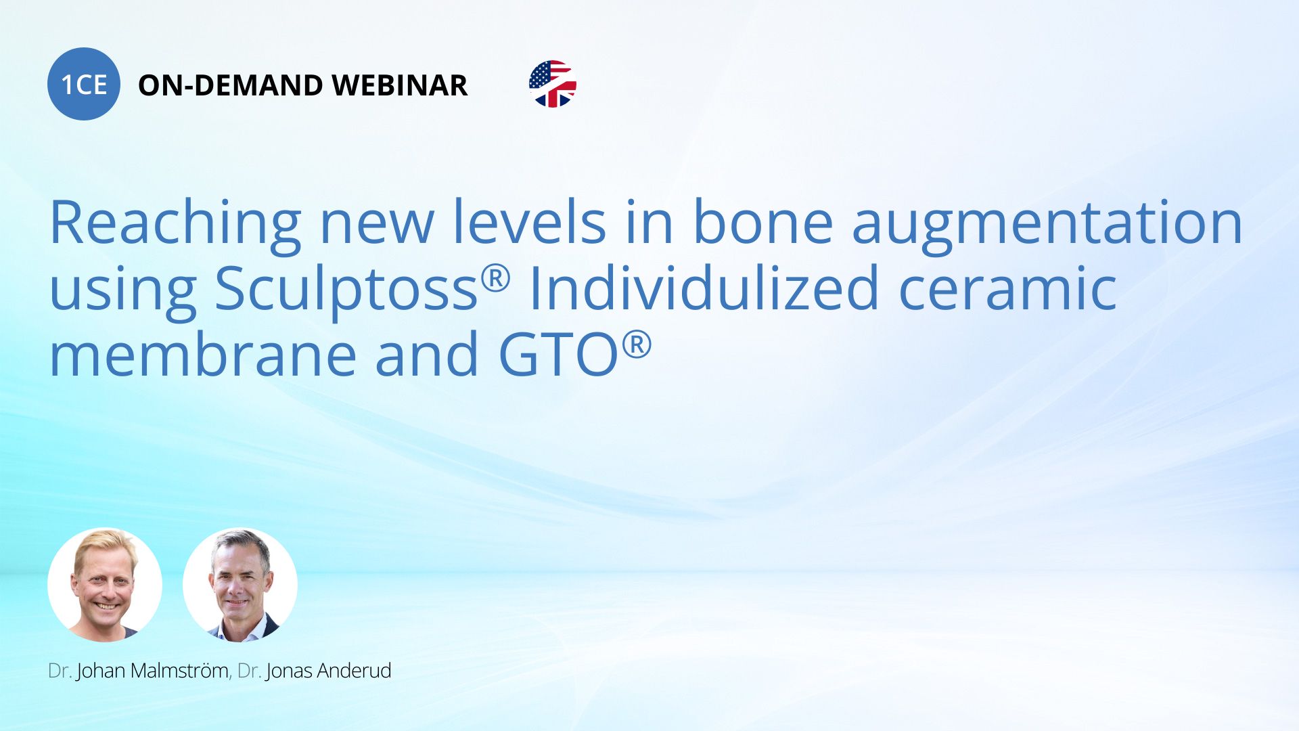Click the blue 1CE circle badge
[x=84, y=84]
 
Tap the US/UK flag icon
[x=553, y=84]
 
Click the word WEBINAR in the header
[x=400, y=85]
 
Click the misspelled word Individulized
[x=704, y=287]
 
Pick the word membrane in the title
[x=203, y=353]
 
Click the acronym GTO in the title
[x=559, y=355]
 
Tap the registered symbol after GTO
[x=637, y=345]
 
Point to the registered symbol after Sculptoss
[x=495, y=278]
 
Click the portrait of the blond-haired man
[x=105, y=585]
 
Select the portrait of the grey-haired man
[x=240, y=585]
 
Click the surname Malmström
[x=179, y=671]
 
